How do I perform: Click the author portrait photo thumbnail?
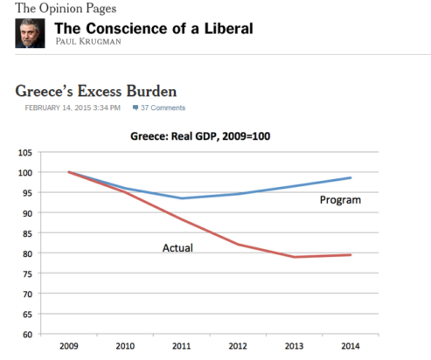pos(30,33)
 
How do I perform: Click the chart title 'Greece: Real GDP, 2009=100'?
pos(200,136)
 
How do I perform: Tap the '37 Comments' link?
pos(159,107)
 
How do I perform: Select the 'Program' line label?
pos(340,200)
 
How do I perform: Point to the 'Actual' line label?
pos(177,248)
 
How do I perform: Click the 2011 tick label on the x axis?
pos(181,346)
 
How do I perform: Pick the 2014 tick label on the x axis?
pos(351,346)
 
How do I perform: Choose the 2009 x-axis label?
pos(69,346)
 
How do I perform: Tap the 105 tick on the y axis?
pos(25,153)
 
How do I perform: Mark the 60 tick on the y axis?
pos(27,335)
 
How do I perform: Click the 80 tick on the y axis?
pos(27,253)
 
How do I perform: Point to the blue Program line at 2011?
pos(181,198)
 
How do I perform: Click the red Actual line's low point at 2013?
pos(294,257)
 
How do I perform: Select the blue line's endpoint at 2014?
pos(351,177)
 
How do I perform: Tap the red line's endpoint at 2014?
pos(351,255)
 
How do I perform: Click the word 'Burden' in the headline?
pos(151,91)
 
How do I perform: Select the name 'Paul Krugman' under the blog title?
pos(88,41)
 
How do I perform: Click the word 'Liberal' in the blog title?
pos(229,29)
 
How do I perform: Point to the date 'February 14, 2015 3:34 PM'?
pos(73,107)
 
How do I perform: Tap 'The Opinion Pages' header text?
pos(66,8)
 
